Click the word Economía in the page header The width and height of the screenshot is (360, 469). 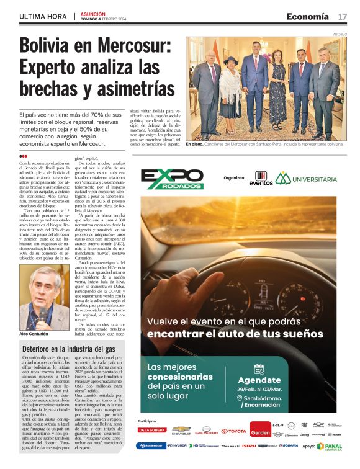[308, 16]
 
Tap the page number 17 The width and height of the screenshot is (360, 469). [343, 16]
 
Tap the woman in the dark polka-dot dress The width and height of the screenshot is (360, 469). [277, 87]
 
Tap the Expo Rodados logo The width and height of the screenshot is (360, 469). [172, 179]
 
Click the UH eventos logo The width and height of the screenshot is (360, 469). [261, 179]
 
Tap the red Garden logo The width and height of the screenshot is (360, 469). [259, 429]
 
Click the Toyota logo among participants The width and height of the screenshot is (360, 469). [233, 431]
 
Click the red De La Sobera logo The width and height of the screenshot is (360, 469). [152, 430]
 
